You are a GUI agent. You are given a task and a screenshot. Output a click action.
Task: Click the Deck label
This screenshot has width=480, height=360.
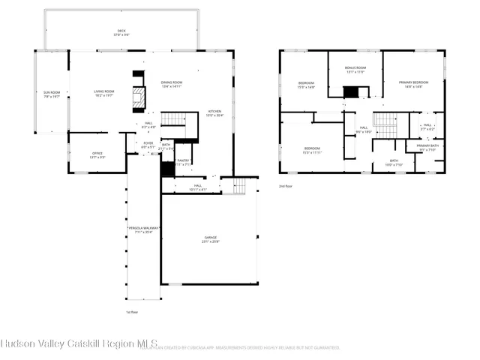(x=121, y=32)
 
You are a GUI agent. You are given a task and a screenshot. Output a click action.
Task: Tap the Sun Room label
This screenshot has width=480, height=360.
(x=51, y=94)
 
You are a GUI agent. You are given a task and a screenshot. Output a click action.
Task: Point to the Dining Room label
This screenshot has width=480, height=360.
(x=172, y=84)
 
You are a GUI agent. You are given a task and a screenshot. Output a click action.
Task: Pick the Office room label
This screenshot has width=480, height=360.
(x=76, y=155)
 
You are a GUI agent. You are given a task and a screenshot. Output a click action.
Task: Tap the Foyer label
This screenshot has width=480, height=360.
(x=148, y=145)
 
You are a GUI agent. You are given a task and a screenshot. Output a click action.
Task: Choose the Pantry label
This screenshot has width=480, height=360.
(x=183, y=162)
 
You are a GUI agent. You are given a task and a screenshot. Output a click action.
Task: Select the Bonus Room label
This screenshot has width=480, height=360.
(x=355, y=70)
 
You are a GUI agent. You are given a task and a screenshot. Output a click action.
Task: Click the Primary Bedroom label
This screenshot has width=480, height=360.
(x=410, y=84)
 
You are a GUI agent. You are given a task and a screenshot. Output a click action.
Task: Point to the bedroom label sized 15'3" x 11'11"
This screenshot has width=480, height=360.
(x=313, y=150)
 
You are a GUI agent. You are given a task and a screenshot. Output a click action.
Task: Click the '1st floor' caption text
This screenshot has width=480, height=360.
(x=132, y=312)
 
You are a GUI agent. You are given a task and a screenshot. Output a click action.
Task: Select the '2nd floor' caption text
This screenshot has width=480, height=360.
(x=286, y=186)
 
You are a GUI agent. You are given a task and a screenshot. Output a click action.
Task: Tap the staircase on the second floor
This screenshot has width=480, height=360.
(x=385, y=120)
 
